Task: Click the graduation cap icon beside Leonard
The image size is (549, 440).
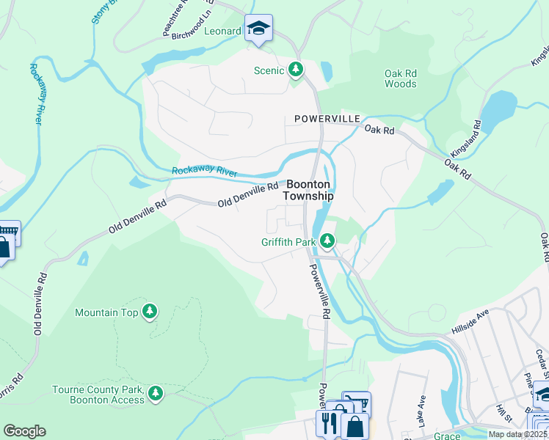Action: coord(258,29)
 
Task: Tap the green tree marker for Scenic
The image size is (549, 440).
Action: coord(296,70)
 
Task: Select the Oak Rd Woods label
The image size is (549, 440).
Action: coord(400,78)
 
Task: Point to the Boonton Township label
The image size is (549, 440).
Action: coord(309,191)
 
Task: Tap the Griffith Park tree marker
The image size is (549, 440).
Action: coord(327,241)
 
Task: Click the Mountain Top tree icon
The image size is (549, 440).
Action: coord(150,312)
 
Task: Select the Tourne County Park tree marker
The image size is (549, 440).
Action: coord(155,394)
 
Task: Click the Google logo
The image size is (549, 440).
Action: coord(24,431)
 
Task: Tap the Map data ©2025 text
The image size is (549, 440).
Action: coord(517,434)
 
